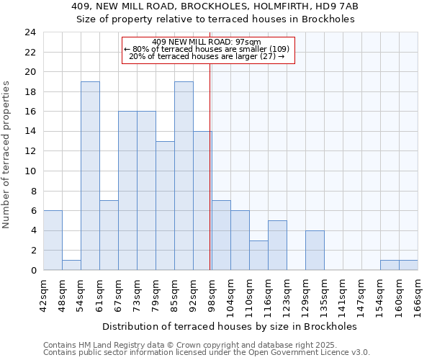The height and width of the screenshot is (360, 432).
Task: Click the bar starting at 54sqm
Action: click(90, 176)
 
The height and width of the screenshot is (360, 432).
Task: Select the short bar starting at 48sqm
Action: click(71, 265)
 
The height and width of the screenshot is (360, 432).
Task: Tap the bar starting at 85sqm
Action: click(184, 176)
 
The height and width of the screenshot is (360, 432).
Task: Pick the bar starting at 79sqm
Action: click(165, 206)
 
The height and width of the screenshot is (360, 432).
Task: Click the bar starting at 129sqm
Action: click(315, 251)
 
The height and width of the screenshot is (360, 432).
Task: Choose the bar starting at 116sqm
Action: click(277, 246)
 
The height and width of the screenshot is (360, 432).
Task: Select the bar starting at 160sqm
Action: click(408, 265)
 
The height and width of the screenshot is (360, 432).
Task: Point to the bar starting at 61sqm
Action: click(109, 235)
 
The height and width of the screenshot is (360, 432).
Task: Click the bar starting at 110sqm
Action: click(258, 256)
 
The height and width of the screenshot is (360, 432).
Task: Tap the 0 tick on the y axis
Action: click(33, 271)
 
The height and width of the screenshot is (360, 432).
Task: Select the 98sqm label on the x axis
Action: click(212, 294)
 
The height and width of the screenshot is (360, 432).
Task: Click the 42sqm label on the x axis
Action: click(43, 294)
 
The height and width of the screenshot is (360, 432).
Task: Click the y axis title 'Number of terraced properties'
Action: click(7, 154)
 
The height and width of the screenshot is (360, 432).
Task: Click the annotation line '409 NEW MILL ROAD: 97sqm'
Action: click(207, 42)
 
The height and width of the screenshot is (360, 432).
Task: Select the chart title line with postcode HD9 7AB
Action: click(215, 6)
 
